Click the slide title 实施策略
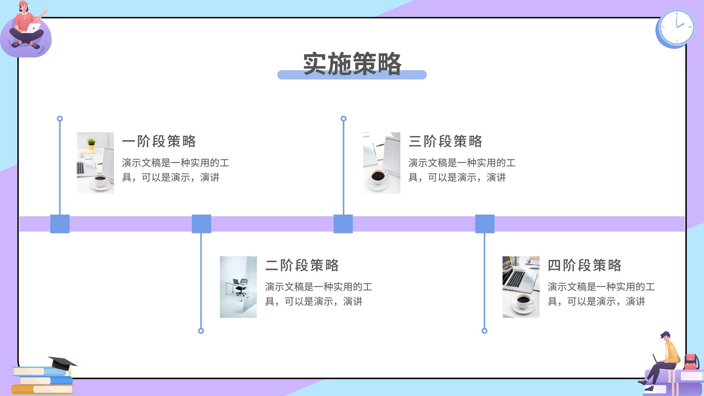[352, 64]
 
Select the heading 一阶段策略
[159, 141]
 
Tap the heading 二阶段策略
[302, 265]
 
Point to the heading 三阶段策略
[445, 141]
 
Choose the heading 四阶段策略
[585, 265]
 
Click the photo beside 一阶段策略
[95, 163]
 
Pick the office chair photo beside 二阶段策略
[238, 287]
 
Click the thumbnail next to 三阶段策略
[381, 163]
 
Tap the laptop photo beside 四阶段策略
[521, 287]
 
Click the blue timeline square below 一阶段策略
[60, 224]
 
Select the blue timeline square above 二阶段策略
[202, 224]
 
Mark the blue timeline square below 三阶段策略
[343, 224]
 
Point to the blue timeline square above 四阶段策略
[485, 224]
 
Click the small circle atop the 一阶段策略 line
[60, 118]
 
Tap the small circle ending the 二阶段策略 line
[201, 330]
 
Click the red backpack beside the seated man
[691, 361]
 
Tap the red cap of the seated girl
[24, 4]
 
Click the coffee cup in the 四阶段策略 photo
[523, 302]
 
